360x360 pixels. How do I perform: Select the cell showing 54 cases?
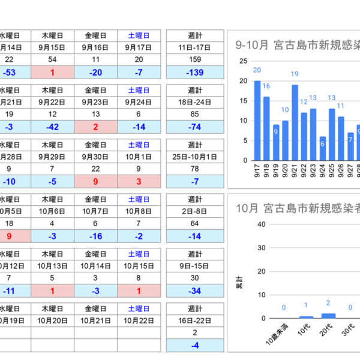pyautogui.click(x=52, y=59)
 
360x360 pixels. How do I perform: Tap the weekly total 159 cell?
pyautogui.click(x=195, y=59)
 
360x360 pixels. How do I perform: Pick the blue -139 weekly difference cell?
pyautogui.click(x=195, y=72)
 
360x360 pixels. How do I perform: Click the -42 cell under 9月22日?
pyautogui.click(x=52, y=127)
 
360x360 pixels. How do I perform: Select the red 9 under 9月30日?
pyautogui.click(x=96, y=182)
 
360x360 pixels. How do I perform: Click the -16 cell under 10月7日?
pyautogui.click(x=96, y=236)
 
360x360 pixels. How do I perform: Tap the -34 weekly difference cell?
pyautogui.click(x=195, y=291)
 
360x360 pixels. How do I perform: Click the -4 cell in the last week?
pyautogui.click(x=195, y=346)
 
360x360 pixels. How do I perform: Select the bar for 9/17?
pyautogui.click(x=257, y=121)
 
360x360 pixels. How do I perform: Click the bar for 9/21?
pyautogui.click(x=295, y=122)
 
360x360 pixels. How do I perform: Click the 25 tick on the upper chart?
pyautogui.click(x=243, y=61)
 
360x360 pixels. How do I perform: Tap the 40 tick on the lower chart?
pyautogui.click(x=261, y=224)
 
